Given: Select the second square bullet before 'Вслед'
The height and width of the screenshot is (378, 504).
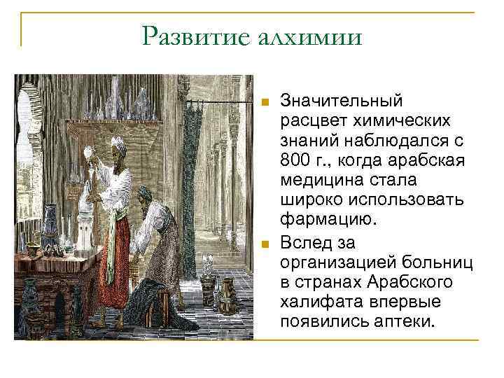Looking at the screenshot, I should coord(265,244).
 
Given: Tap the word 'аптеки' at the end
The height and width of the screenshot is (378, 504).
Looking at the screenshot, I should coord(408,321).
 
